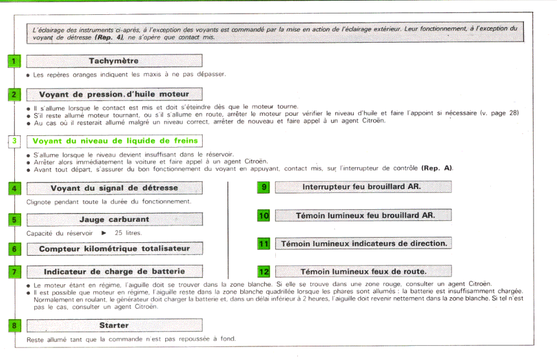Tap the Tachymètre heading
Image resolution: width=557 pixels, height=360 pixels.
(x=114, y=61)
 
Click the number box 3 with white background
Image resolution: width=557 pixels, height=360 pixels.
(x=15, y=141)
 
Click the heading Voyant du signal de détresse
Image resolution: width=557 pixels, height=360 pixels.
(x=114, y=188)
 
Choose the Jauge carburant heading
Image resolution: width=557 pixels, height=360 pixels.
(x=114, y=219)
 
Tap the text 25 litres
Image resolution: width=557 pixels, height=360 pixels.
(x=128, y=232)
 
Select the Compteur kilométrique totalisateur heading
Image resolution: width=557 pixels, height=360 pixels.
(x=114, y=248)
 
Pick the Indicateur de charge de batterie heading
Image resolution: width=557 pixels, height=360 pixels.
(x=114, y=271)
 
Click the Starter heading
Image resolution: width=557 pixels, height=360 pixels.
(x=114, y=325)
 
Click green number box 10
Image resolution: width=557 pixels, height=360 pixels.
(x=264, y=216)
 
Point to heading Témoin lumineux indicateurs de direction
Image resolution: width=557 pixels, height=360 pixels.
(x=363, y=243)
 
